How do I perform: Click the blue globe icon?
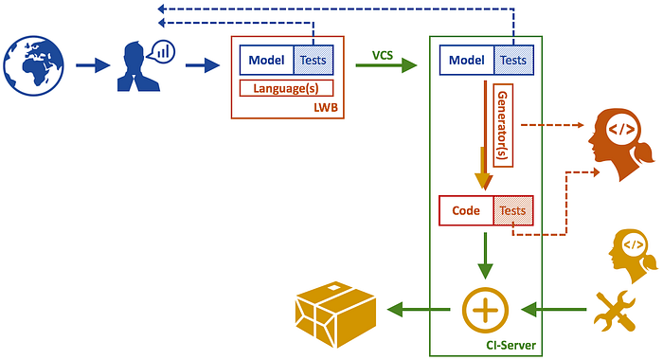(34, 65)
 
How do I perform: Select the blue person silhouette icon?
(137, 67)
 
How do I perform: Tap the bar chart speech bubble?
(162, 51)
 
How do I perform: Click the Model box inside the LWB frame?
(266, 60)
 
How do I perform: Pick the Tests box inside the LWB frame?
(314, 60)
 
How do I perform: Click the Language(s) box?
(286, 88)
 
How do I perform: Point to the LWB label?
(326, 107)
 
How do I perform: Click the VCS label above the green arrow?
(383, 55)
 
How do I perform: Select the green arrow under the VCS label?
(386, 65)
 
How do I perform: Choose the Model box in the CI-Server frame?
(467, 60)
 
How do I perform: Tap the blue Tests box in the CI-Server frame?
(513, 60)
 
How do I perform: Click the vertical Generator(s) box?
(503, 125)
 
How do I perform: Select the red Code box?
(466, 210)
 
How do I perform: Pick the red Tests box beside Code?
(513, 210)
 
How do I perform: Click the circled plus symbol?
(485, 310)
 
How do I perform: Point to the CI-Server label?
(511, 345)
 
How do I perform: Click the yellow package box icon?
(335, 315)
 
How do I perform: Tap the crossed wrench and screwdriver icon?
(615, 311)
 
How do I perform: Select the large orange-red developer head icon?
(620, 145)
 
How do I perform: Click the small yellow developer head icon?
(633, 256)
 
